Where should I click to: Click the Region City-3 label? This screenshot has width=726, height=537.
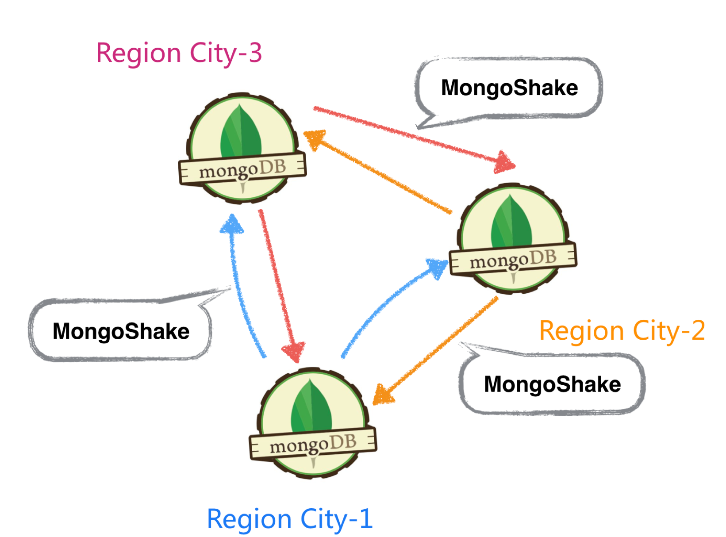tap(179, 54)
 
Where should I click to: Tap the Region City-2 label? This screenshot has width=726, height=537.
tap(622, 331)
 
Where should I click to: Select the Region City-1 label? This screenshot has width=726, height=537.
tap(290, 519)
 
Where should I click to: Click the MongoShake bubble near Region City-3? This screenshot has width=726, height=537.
tap(509, 88)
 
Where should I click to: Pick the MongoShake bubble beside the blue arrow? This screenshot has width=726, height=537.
tap(121, 331)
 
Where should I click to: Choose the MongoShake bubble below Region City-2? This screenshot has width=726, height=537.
tap(552, 384)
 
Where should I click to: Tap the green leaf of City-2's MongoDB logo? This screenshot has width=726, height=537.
tap(511, 223)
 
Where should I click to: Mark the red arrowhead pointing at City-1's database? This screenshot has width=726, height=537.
tap(294, 352)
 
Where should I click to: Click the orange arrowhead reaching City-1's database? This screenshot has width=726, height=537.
tap(383, 394)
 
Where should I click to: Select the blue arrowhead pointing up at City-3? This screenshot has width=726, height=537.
tap(232, 224)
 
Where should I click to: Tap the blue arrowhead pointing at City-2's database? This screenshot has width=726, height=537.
tap(437, 267)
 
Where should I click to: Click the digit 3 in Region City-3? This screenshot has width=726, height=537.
tap(255, 54)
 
